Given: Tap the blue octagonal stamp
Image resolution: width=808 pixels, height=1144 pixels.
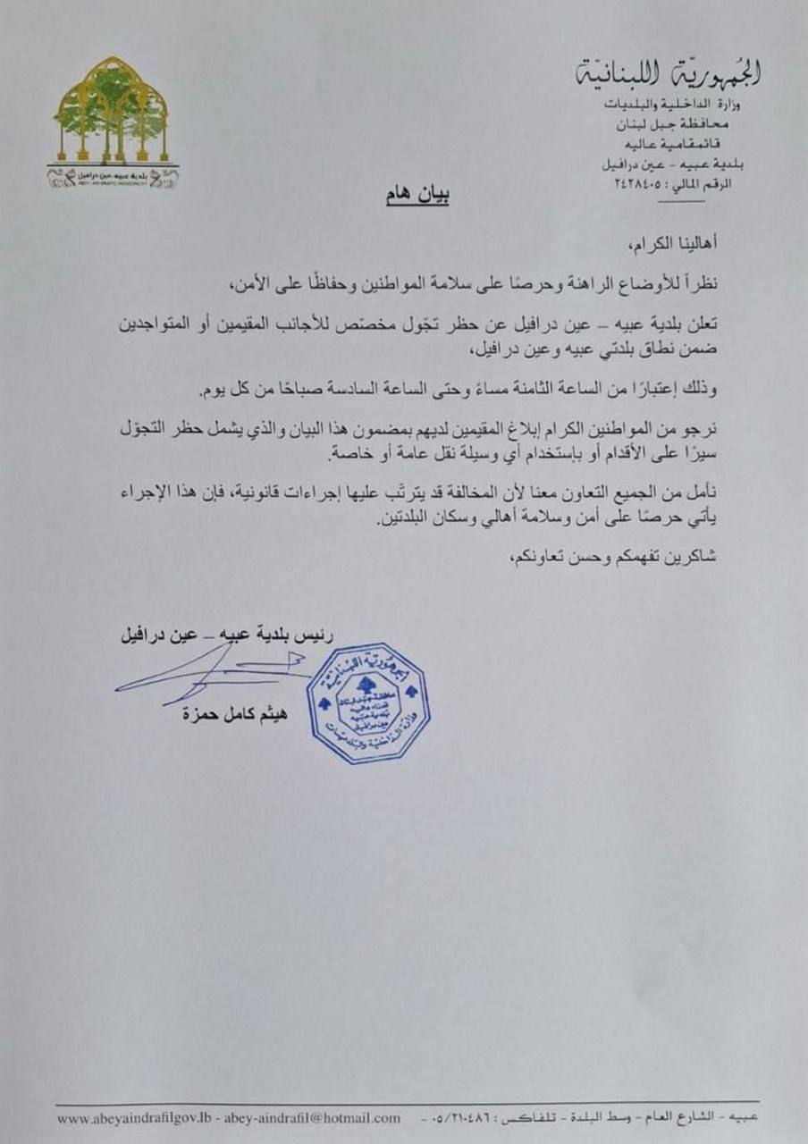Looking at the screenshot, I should [x=368, y=702].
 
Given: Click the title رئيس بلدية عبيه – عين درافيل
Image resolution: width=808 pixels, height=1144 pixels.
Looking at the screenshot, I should [x=227, y=638].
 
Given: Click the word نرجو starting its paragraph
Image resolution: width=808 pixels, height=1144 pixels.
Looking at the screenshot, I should [x=702, y=431].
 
